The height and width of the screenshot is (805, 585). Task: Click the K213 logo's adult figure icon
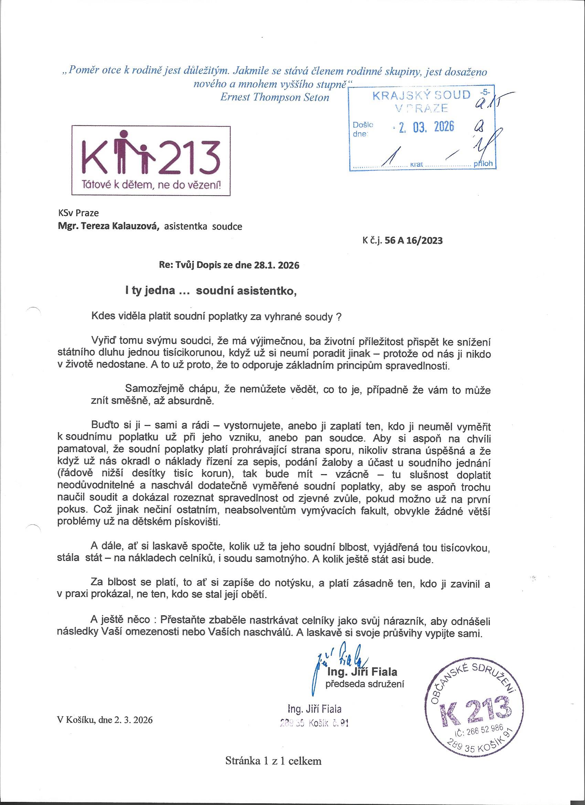point(124,151)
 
